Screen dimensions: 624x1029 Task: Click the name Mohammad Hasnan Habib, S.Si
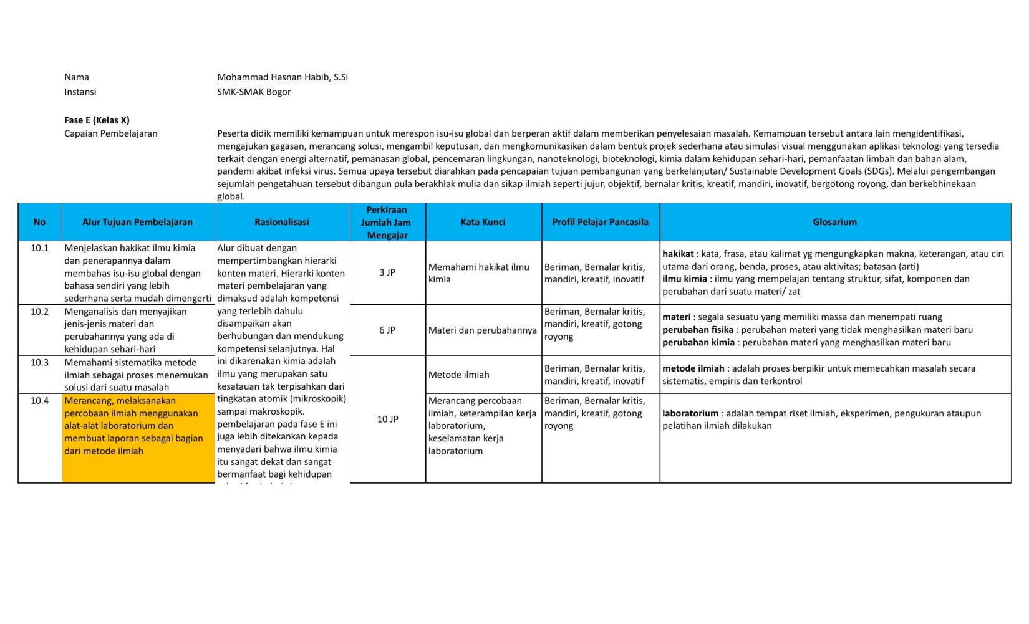(x=282, y=77)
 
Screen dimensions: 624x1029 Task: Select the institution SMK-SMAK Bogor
(x=254, y=92)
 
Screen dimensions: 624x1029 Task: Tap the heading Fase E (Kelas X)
(x=97, y=120)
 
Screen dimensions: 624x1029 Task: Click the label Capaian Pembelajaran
(x=111, y=133)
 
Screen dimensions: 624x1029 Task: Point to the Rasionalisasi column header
(x=281, y=222)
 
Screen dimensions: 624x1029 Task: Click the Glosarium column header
(x=834, y=222)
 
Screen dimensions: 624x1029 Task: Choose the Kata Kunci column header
(x=483, y=222)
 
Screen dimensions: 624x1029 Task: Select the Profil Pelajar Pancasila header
(x=600, y=222)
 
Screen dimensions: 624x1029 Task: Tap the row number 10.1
(x=39, y=248)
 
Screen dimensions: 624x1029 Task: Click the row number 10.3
(x=39, y=362)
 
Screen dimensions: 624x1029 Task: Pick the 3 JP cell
(x=387, y=272)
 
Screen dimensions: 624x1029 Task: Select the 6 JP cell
(x=387, y=330)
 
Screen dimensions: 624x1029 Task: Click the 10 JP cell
(x=387, y=419)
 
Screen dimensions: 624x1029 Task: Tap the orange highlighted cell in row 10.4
(x=138, y=438)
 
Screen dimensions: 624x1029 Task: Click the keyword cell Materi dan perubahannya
(x=482, y=330)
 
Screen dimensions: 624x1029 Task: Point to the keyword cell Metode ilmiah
(x=458, y=375)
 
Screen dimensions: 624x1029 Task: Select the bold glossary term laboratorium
(x=690, y=413)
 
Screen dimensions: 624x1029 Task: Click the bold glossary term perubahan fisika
(x=697, y=330)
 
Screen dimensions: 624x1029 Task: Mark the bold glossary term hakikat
(x=677, y=254)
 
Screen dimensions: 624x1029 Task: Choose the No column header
(x=39, y=222)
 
